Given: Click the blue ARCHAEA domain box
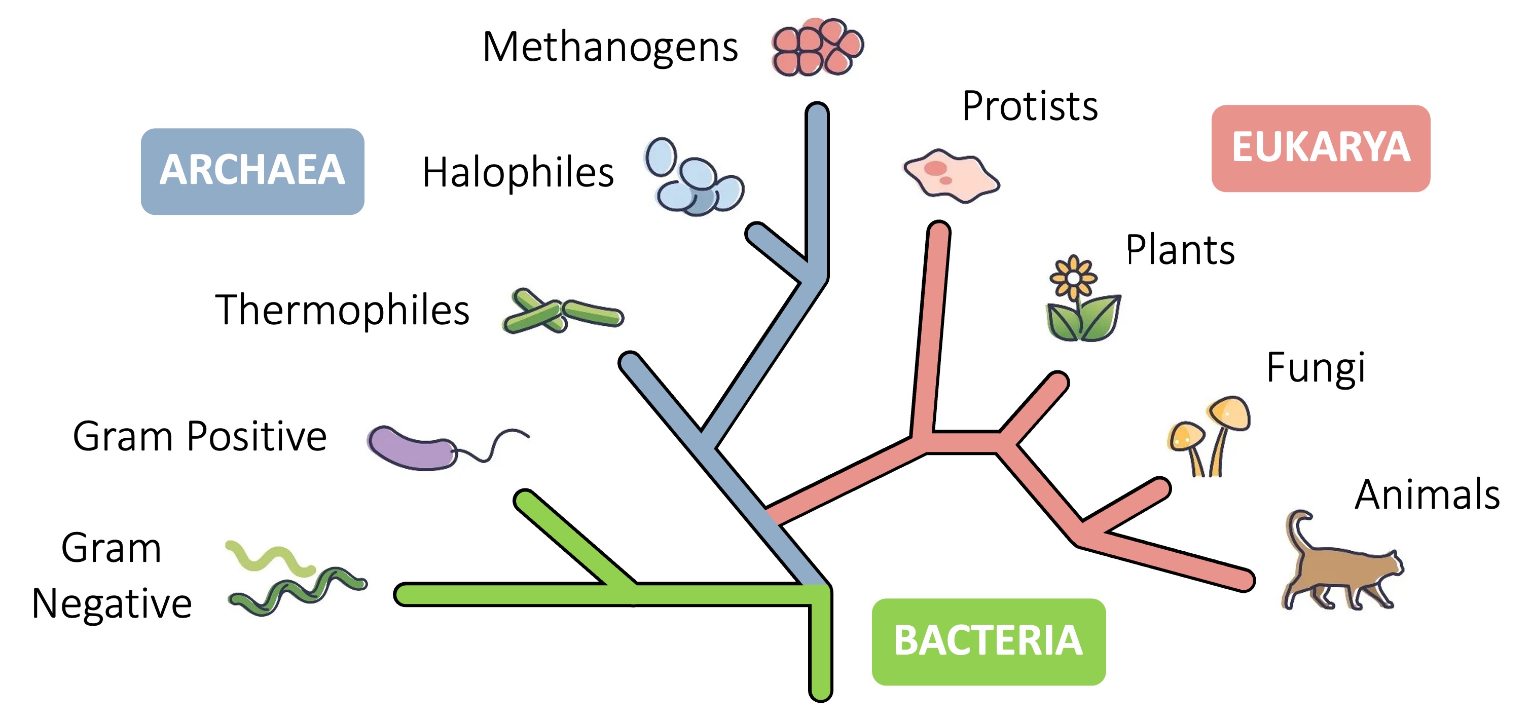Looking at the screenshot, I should point(252,171).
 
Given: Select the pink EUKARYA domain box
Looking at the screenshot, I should point(1320,148).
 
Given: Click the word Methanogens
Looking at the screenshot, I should point(610,48).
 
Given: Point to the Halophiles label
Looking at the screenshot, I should point(518,173).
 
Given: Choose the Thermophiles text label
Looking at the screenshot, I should point(342,310).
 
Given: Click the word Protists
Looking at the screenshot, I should point(1030,106).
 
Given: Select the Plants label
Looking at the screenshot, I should point(1180,250).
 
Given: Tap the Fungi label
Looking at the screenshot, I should point(1315,368).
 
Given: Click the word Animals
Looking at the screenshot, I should point(1427,495).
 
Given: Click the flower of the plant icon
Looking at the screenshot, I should point(1073,278).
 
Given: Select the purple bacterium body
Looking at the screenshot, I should point(410,448).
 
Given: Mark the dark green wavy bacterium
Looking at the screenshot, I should point(297,591).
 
